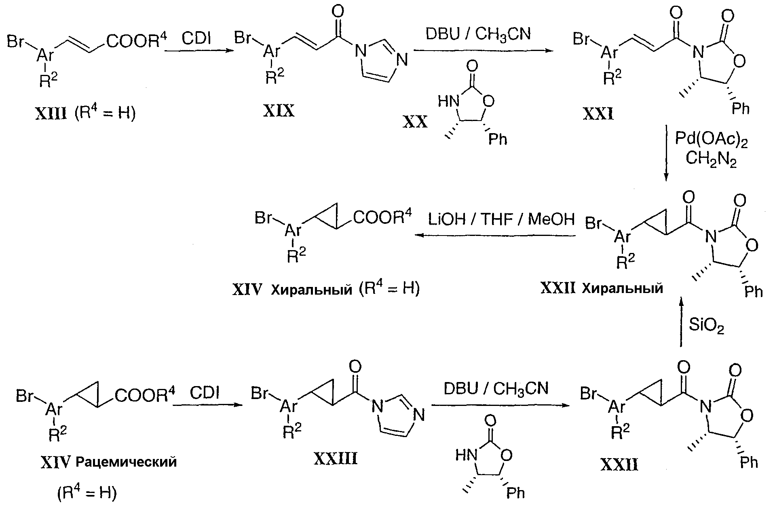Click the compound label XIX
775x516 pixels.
(x=279, y=111)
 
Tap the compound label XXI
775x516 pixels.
(x=598, y=115)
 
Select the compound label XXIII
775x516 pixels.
(x=335, y=459)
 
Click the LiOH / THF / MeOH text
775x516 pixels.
(x=501, y=219)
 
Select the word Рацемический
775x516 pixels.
(x=126, y=462)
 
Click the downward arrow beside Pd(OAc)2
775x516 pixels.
(x=666, y=153)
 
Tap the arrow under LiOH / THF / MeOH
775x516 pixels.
(x=495, y=235)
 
